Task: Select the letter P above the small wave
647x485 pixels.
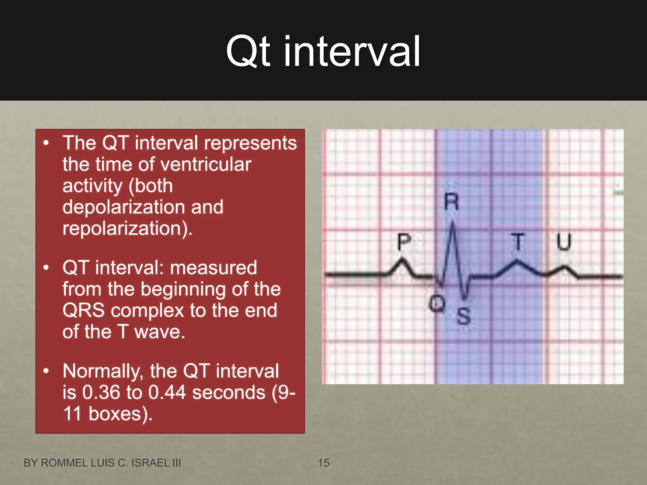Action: [x=404, y=242]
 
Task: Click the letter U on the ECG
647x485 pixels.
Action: [x=564, y=242]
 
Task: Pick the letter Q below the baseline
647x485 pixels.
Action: [x=437, y=304]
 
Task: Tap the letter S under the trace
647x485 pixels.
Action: [x=463, y=316]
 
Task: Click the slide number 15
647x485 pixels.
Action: [x=323, y=463]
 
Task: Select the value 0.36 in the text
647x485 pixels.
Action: [x=101, y=392]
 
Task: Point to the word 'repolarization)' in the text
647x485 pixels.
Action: [x=127, y=229]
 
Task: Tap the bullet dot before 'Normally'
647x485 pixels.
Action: [x=46, y=371]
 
